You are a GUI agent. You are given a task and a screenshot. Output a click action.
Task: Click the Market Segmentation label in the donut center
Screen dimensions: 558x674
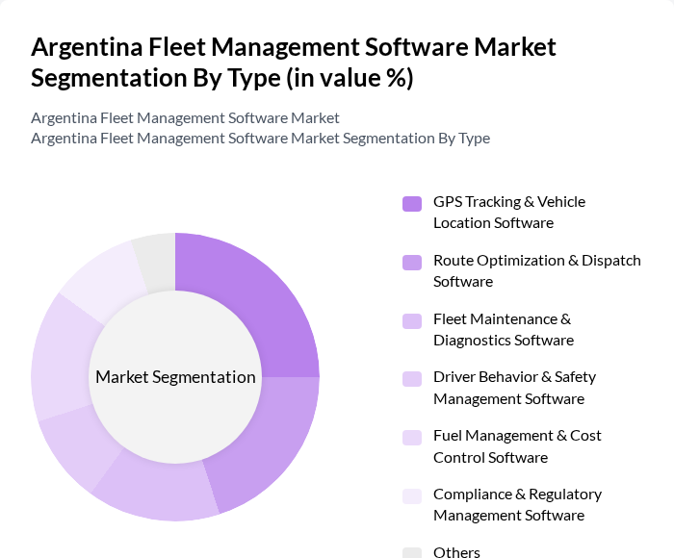tap(175, 377)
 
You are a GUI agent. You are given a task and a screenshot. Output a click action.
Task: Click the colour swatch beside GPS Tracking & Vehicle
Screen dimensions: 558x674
tap(412, 203)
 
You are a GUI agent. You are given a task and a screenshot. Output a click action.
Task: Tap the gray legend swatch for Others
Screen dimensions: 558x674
tap(412, 552)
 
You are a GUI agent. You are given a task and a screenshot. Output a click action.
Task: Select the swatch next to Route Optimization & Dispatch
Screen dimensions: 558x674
tap(412, 262)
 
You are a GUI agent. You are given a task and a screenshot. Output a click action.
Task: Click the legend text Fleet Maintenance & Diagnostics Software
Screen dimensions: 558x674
tap(503, 329)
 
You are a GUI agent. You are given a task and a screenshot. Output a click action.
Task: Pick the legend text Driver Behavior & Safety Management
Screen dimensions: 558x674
tap(514, 388)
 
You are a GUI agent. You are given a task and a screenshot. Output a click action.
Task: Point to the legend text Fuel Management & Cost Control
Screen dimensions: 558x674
tap(517, 446)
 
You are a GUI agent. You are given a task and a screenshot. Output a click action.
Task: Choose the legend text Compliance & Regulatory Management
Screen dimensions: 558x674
tap(517, 505)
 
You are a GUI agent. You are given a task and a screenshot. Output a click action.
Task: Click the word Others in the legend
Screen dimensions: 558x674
tap(456, 552)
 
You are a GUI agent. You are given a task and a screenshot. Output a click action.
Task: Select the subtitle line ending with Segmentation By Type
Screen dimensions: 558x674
tap(260, 138)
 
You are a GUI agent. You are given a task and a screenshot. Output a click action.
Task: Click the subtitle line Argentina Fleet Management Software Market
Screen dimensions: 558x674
tap(185, 117)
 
